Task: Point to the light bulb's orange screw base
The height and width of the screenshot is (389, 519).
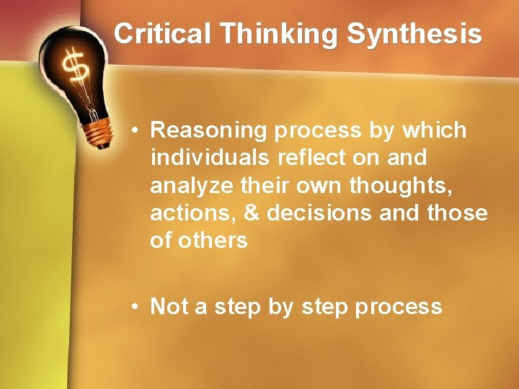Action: point(96,131)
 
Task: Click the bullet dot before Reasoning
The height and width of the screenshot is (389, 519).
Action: point(135,131)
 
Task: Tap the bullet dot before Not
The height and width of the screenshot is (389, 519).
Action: point(135,307)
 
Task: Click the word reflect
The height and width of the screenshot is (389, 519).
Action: point(323,158)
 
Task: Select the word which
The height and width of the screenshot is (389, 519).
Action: point(435,130)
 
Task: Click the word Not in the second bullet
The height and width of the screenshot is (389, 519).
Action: point(169,307)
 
